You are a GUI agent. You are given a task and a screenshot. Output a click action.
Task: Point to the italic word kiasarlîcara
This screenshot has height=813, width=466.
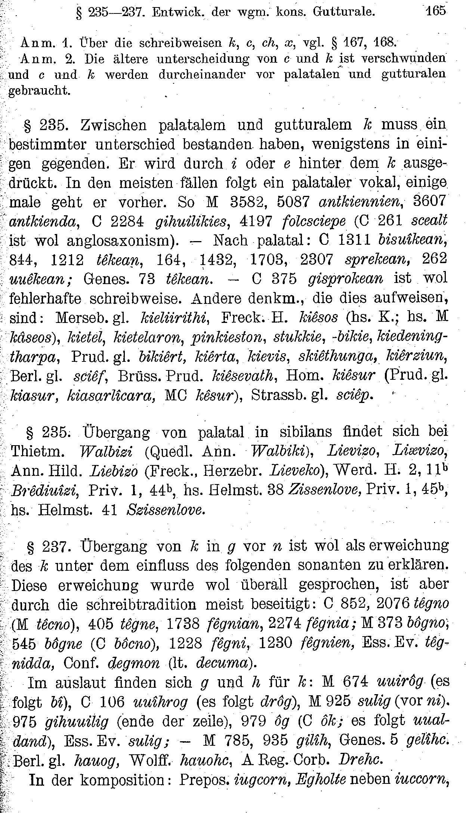111,395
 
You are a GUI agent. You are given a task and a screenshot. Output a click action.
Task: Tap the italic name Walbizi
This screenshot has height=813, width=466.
109,452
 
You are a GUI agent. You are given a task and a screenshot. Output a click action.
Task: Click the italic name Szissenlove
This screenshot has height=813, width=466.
166,510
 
